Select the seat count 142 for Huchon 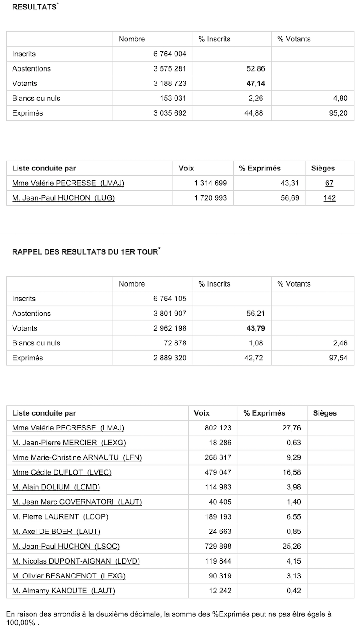tap(329, 198)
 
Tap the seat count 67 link tap(329, 183)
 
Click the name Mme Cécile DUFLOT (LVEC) tap(62, 472)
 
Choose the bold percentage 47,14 tap(254, 84)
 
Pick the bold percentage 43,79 tap(256, 328)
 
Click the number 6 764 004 tap(170, 54)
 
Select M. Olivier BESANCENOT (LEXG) tap(69, 576)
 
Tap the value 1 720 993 tap(211, 198)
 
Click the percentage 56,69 tap(290, 198)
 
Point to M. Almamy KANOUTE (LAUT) tap(63, 591)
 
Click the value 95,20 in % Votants tap(338, 113)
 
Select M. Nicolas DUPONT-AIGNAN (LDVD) tap(76, 561)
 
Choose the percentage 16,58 tap(292, 472)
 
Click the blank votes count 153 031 tap(173, 99)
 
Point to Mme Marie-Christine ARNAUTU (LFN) tap(77, 457)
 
